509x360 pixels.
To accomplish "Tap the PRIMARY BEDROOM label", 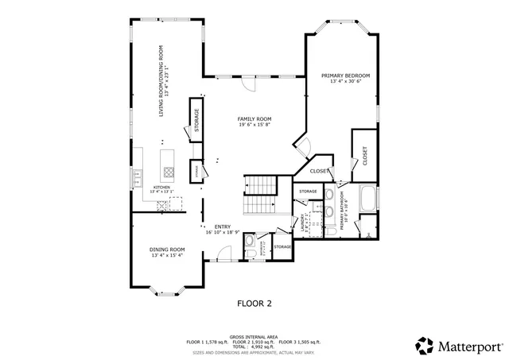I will pos(345,76).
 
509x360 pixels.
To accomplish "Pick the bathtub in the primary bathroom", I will pos(369,199).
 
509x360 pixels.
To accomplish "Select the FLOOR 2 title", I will pos(254,303).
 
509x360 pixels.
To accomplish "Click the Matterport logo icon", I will pos(425,346).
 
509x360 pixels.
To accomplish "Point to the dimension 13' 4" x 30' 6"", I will pos(345,82).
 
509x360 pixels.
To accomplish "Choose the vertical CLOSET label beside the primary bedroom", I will pos(365,156).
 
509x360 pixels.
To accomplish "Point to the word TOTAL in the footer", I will pos(239,346).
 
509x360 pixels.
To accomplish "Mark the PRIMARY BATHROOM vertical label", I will pos(343,211).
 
